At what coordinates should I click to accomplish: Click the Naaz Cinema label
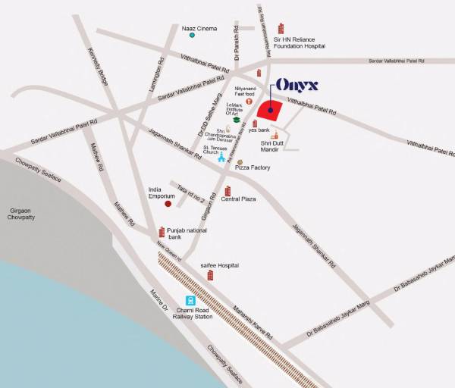199,29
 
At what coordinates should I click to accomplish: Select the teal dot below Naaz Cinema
192,36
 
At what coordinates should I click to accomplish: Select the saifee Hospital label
220,265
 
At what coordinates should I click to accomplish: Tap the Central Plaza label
238,199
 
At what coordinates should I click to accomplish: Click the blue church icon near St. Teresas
221,158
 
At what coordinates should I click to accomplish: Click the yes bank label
259,130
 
